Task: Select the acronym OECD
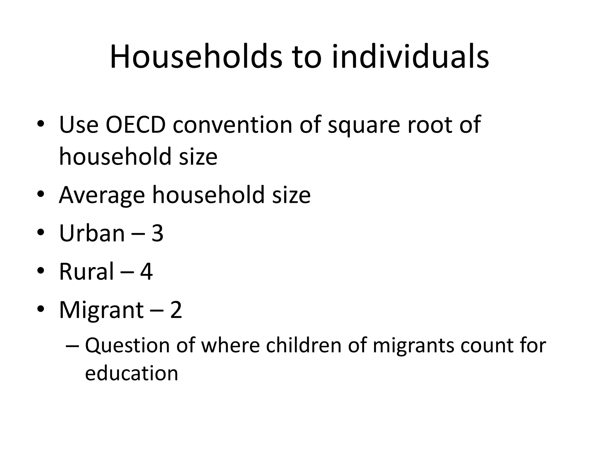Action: (135, 125)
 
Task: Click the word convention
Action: (233, 125)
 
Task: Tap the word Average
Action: (102, 195)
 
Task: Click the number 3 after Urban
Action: (157, 233)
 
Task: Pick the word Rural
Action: (86, 271)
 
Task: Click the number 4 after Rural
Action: (146, 272)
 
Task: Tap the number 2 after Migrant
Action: (176, 310)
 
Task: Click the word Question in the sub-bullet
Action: (127, 346)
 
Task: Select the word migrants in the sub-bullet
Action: (413, 346)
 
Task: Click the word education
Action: (131, 373)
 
